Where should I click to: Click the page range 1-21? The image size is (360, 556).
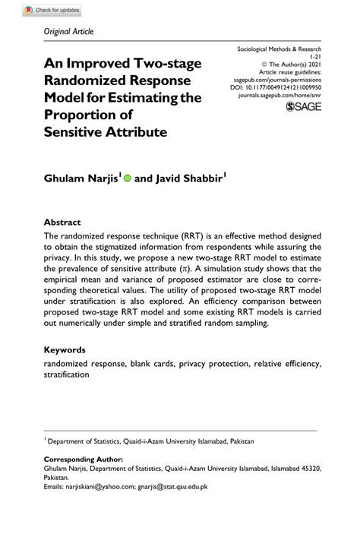[314, 56]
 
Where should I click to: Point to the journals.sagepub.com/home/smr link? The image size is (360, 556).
[281, 96]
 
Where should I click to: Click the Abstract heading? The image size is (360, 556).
[62, 223]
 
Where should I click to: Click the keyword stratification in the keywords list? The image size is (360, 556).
[67, 374]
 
